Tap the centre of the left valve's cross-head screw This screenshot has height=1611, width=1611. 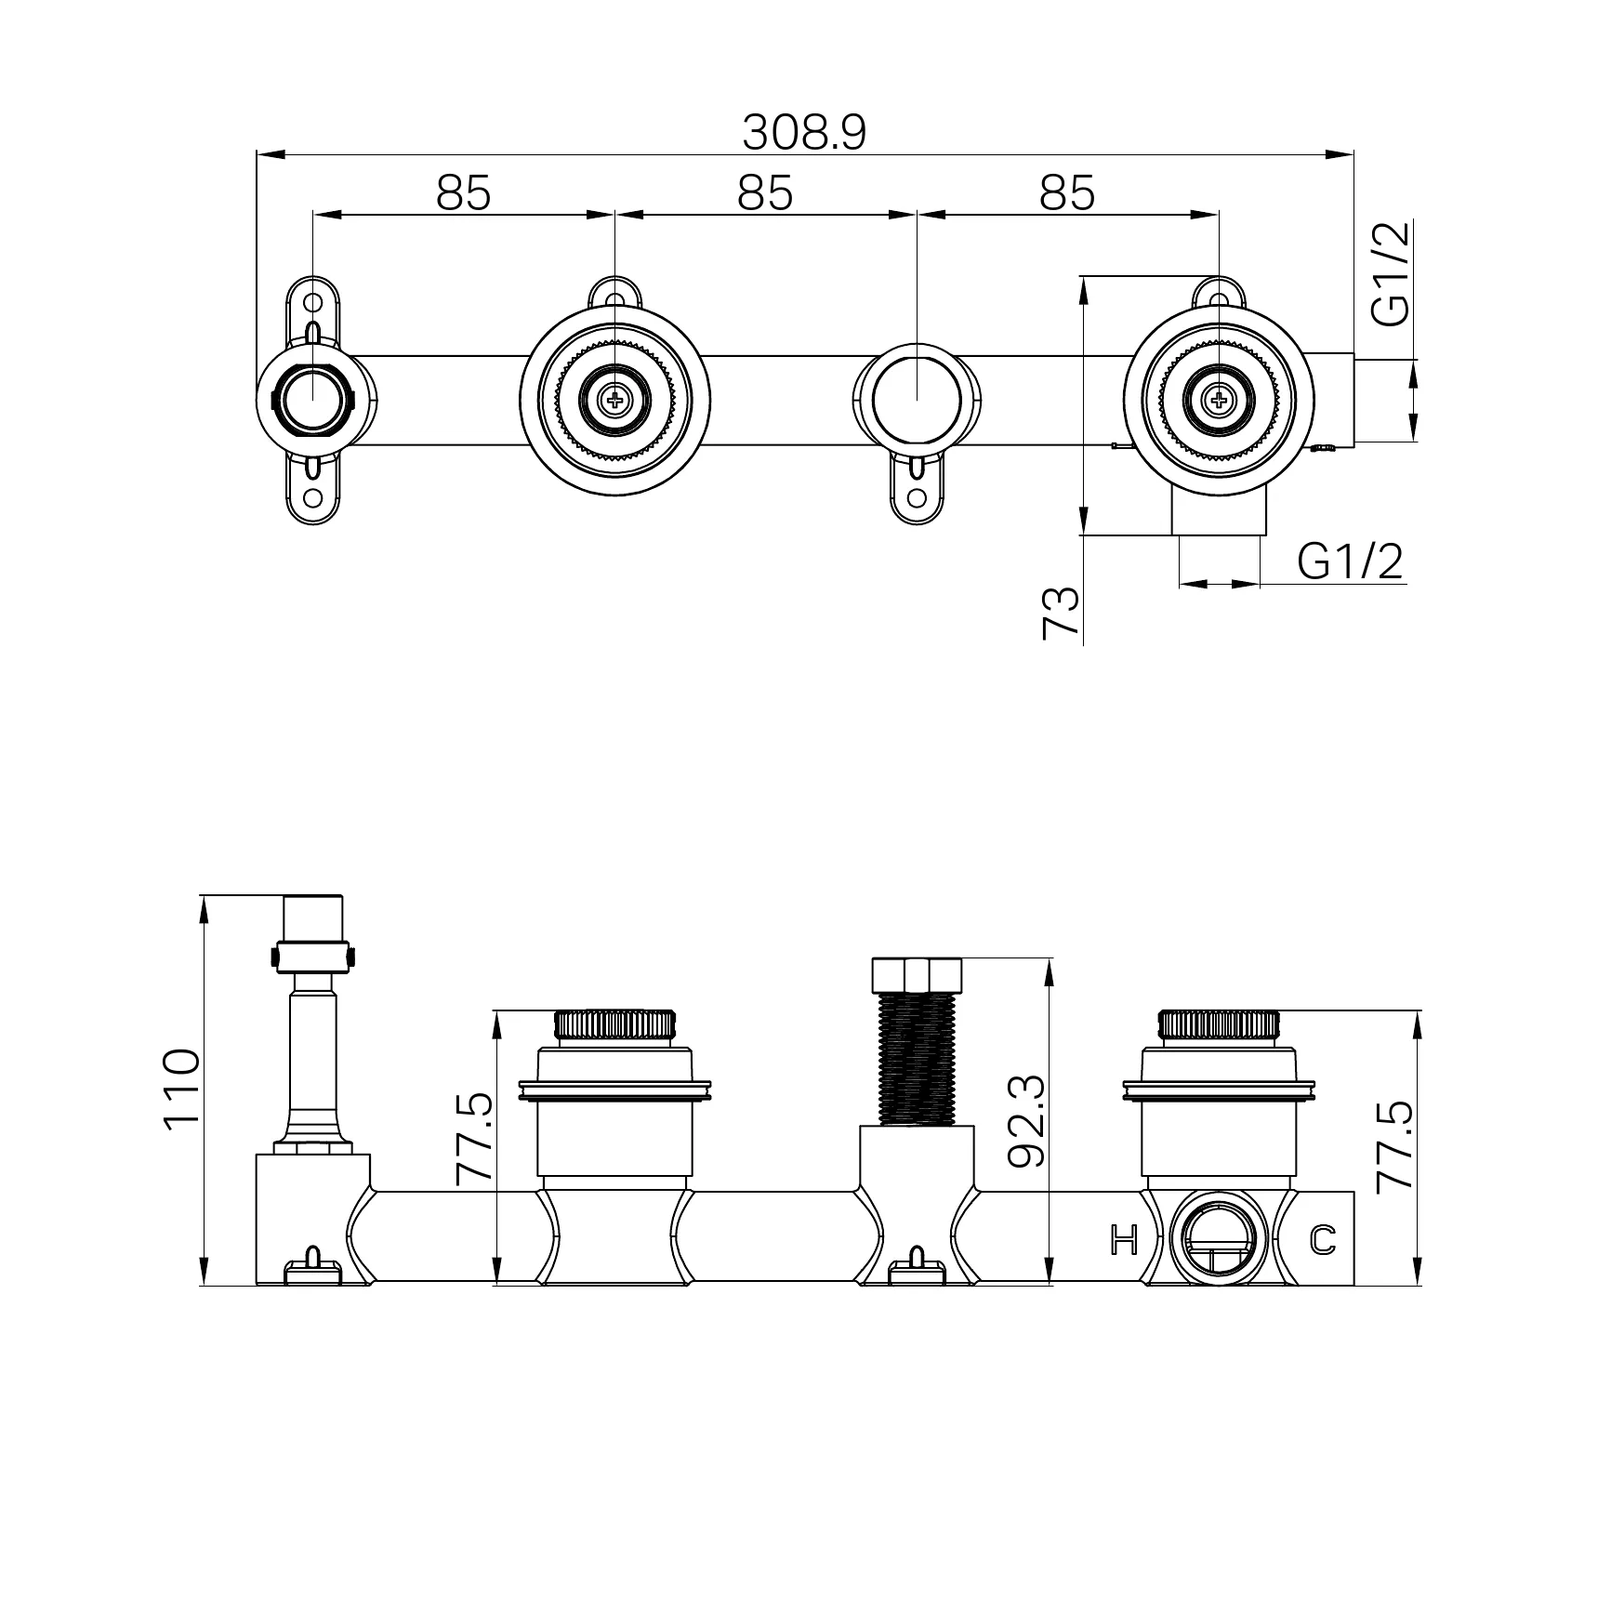pos(614,401)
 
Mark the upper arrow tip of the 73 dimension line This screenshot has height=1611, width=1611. pos(1083,276)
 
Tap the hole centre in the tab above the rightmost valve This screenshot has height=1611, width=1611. pos(1219,297)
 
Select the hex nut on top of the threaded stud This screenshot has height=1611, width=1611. pos(916,974)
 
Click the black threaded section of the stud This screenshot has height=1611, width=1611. pos(916,1059)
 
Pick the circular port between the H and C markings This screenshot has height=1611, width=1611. pos(1219,1238)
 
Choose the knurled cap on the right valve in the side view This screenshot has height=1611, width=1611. pos(1219,1025)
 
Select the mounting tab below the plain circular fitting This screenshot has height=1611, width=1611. pos(917,487)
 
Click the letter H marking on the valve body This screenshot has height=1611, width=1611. pos(1125,1239)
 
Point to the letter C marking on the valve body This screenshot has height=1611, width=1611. pos(1323,1239)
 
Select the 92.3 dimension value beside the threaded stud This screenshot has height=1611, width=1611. pos(1026,1121)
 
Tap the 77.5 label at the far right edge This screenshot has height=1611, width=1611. pos(1394,1145)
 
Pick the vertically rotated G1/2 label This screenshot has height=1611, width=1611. pos(1392,273)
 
